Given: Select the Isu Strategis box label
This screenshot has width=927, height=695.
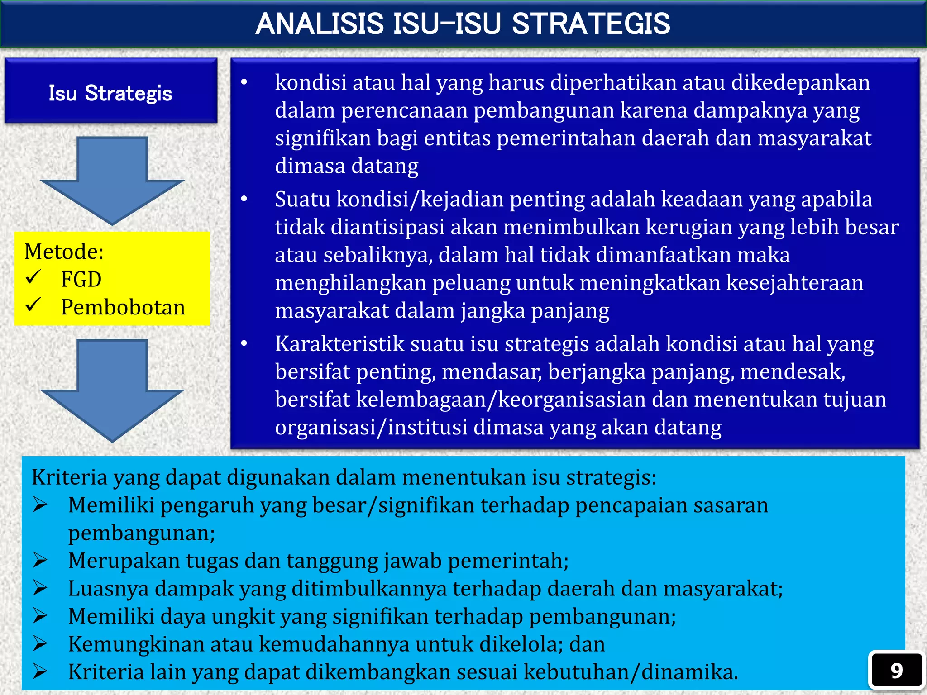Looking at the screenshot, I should [110, 93].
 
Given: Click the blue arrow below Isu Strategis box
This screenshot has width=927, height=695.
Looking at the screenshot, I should [112, 181].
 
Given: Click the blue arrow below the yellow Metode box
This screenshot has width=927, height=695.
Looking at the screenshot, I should [112, 390].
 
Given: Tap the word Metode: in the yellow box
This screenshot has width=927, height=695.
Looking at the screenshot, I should [64, 252].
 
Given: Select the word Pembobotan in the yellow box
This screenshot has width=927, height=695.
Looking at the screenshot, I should [123, 307].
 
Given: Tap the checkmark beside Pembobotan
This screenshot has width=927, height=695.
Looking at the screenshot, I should [33, 305].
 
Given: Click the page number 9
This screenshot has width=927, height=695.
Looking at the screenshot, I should [896, 671].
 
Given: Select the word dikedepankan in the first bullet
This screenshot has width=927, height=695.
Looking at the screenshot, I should [800, 83].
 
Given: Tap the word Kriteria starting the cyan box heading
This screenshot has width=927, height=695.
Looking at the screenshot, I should [69, 477].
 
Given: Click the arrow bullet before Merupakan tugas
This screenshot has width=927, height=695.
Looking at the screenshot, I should [40, 561].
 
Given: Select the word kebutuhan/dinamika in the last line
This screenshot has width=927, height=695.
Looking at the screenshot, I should [630, 672].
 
